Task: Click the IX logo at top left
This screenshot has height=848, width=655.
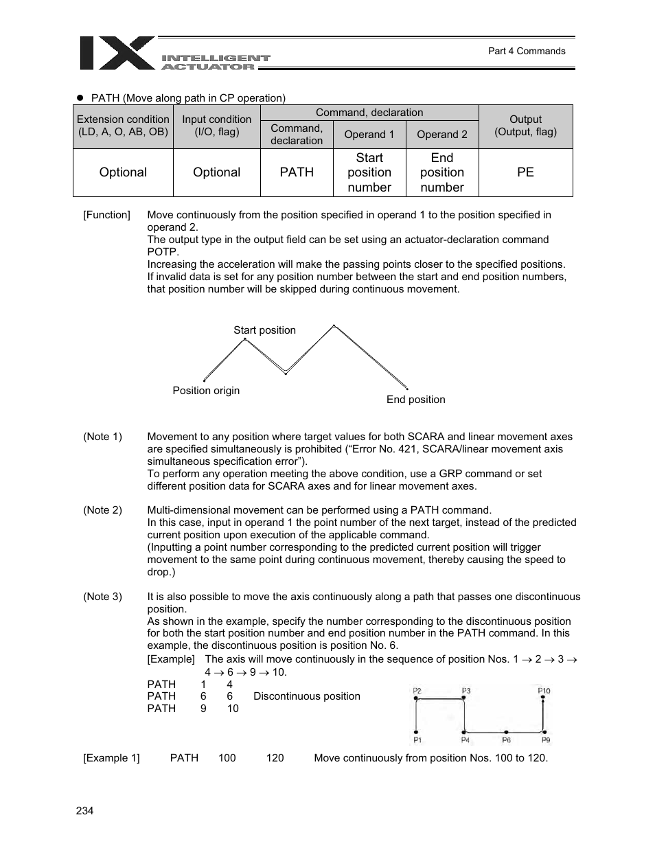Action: click(117, 54)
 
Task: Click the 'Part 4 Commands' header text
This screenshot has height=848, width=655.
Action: click(526, 51)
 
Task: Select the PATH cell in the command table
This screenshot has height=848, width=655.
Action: click(297, 172)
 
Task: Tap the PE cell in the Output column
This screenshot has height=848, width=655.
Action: click(525, 172)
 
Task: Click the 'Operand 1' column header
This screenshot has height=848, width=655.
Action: click(369, 135)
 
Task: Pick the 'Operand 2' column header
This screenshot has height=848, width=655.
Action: click(442, 135)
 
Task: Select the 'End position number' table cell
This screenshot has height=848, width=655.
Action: click(442, 172)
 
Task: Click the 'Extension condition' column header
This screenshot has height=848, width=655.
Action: click(123, 126)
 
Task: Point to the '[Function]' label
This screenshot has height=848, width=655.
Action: click(106, 215)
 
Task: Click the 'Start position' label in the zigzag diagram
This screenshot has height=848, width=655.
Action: click(264, 330)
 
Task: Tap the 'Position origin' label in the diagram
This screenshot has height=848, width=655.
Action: click(206, 391)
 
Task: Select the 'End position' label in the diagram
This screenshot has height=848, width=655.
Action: click(415, 400)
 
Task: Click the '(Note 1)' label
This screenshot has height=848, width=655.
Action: click(102, 437)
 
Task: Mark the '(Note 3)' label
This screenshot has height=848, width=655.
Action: click(102, 597)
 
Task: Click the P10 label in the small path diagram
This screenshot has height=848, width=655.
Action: click(544, 691)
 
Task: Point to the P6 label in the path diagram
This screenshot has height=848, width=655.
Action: click(506, 740)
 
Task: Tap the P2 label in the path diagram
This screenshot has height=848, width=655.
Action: click(417, 691)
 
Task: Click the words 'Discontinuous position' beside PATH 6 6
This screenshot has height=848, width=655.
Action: click(306, 696)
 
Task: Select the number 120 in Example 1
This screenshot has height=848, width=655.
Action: click(275, 758)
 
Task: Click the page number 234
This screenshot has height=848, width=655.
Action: click(84, 811)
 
